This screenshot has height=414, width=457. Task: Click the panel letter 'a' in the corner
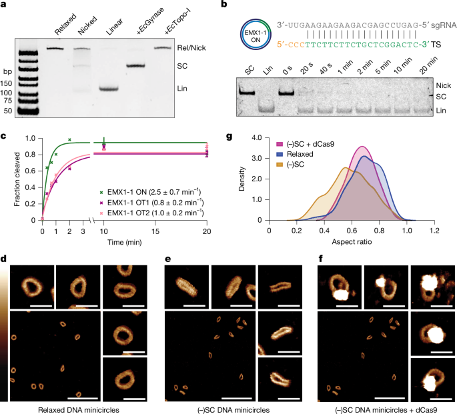coord(4,5)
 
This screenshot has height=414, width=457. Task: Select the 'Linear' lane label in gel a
coord(108,27)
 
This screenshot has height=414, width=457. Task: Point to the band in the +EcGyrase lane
coord(135,65)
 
